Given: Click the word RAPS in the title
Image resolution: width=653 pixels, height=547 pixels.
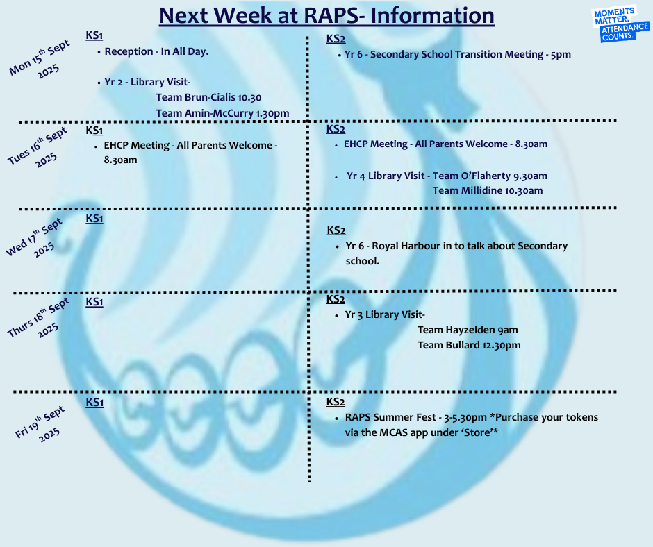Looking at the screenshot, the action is pyautogui.click(x=330, y=15).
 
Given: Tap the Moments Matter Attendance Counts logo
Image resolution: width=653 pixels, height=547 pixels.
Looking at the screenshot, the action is pyautogui.click(x=620, y=24).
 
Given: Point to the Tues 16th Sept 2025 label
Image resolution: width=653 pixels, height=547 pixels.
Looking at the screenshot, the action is pyautogui.click(x=38, y=147).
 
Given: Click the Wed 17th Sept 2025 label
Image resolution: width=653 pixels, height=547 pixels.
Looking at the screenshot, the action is pyautogui.click(x=35, y=237).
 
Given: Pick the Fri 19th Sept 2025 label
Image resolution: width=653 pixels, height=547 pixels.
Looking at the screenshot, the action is pyautogui.click(x=40, y=423).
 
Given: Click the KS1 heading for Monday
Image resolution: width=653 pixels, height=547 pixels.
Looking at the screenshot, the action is pyautogui.click(x=94, y=35).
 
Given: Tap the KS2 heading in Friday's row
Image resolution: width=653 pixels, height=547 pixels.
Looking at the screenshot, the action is pyautogui.click(x=336, y=402).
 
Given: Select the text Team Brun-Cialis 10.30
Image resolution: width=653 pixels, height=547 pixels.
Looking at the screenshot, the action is pyautogui.click(x=208, y=97).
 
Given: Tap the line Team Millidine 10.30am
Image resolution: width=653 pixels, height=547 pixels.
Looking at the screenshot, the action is pyautogui.click(x=488, y=191).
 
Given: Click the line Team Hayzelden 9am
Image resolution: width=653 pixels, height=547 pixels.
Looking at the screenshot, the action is pyautogui.click(x=468, y=330).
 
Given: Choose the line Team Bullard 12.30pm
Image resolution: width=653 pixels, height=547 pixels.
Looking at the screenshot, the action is pyautogui.click(x=469, y=346).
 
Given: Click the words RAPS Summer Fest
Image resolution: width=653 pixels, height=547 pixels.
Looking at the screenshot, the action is pyautogui.click(x=390, y=417).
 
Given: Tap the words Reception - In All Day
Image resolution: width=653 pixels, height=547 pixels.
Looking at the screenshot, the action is pyautogui.click(x=156, y=51).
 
